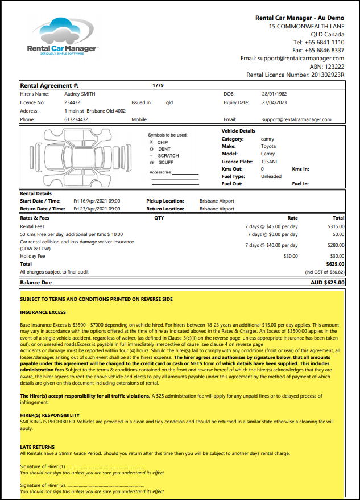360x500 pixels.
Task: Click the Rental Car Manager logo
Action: [x=63, y=38]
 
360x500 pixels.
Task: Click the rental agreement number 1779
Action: [x=158, y=85]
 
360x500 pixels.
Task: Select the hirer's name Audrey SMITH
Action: [x=79, y=94]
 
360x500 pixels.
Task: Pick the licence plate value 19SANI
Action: [x=269, y=162]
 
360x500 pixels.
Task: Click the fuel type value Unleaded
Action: [x=271, y=177]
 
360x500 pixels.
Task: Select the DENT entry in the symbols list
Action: [x=164, y=149]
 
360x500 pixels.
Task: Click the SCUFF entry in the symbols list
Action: [x=165, y=163]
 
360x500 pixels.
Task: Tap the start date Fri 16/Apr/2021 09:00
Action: [x=97, y=201]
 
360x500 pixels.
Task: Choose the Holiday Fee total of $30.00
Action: [x=337, y=256]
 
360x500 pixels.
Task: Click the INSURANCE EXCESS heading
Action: [x=44, y=312]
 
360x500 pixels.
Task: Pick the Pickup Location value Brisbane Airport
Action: [x=217, y=201]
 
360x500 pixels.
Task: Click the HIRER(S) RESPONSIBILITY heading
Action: [x=49, y=415]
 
